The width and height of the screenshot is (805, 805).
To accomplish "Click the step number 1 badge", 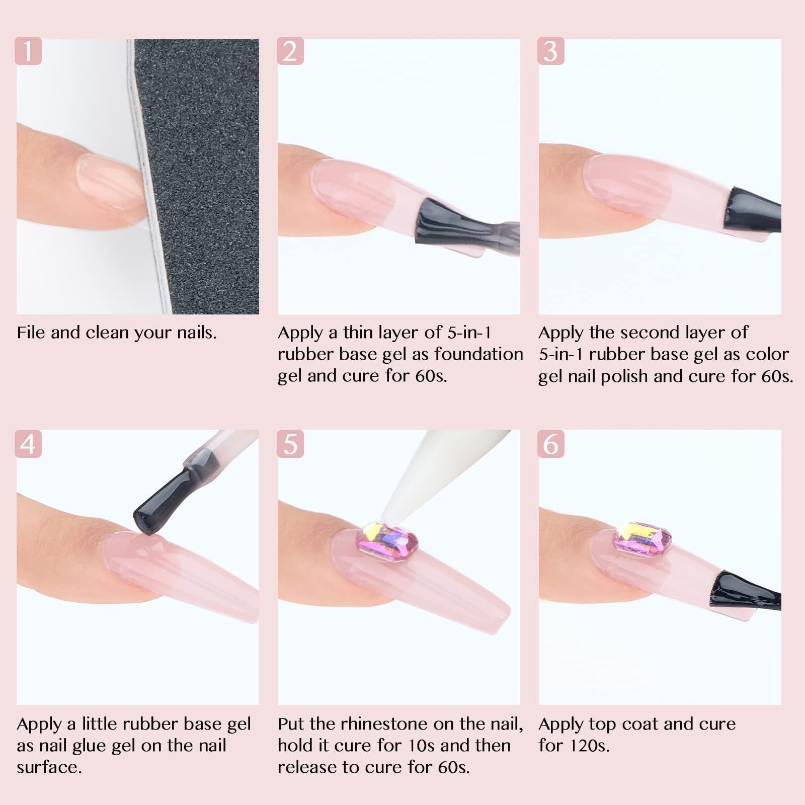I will pos(28,51).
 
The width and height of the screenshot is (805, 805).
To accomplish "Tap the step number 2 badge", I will pos(290,51).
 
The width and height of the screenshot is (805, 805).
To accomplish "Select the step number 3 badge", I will pos(551,51).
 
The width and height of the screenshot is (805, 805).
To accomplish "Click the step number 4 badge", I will pos(28,444).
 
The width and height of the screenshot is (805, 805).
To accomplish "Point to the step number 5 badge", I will pos(290,444).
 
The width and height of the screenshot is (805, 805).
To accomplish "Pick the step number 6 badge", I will pos(551,444).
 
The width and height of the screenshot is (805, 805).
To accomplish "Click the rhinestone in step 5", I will pos(387,543).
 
